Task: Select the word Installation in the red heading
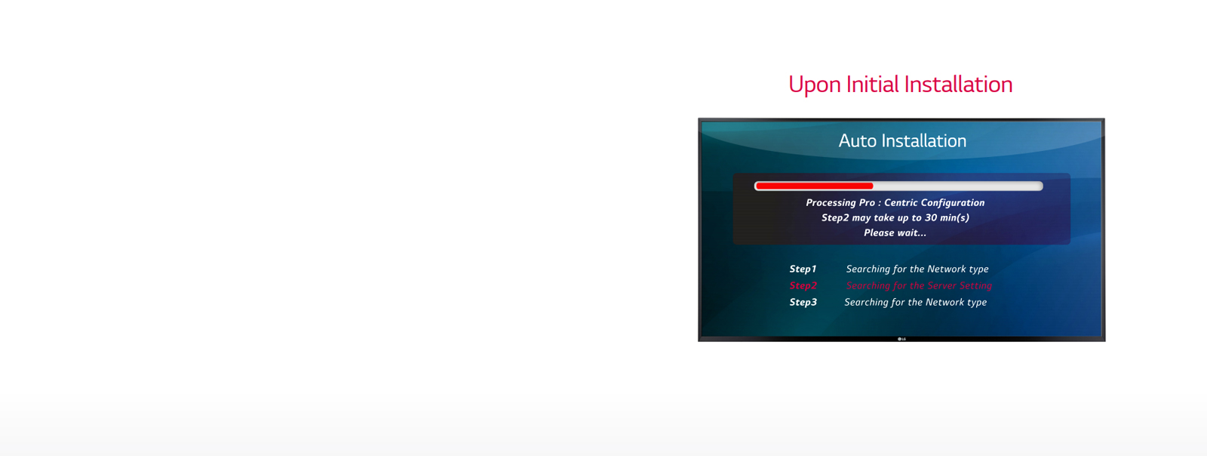[958, 85]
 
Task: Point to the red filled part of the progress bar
[815, 186]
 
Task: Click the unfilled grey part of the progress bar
[958, 186]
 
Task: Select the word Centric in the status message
[901, 202]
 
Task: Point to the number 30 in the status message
[931, 217]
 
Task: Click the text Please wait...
[895, 233]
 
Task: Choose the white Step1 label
[803, 269]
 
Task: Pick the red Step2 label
[803, 285]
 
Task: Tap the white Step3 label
[803, 302]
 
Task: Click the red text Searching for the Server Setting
[919, 285]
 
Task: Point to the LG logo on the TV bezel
[901, 339]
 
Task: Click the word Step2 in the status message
[834, 217]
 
